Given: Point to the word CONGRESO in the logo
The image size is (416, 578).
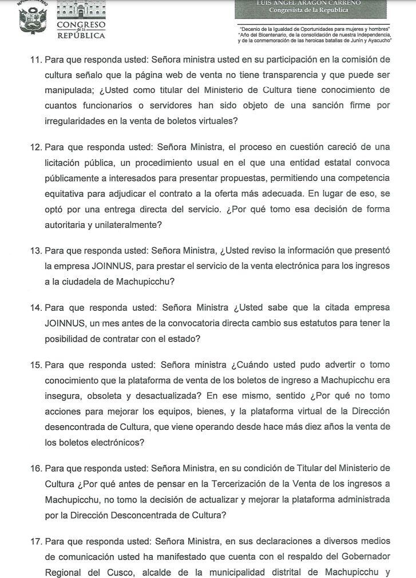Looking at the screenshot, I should (x=81, y=26).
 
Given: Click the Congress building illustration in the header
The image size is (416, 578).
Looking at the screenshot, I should (x=81, y=10).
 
